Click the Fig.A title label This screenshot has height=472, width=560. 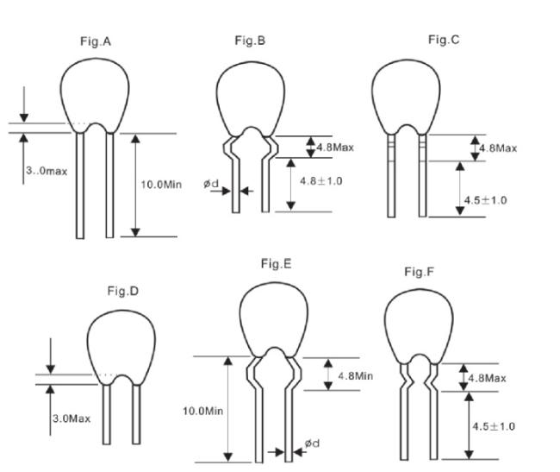(x=96, y=41)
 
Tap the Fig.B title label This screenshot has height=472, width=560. (x=250, y=41)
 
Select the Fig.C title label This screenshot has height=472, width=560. (x=444, y=40)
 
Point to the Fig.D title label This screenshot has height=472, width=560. (x=123, y=291)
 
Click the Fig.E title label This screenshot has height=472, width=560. (x=276, y=264)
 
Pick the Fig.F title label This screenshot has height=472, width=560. (x=419, y=272)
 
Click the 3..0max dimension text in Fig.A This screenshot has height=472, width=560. (x=47, y=171)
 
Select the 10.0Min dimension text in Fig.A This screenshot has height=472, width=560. (x=161, y=185)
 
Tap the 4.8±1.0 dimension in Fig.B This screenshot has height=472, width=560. (x=321, y=181)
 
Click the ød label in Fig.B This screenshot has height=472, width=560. (x=211, y=184)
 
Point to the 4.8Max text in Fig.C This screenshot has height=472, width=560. (x=498, y=148)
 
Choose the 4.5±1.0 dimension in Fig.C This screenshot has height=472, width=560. (x=485, y=200)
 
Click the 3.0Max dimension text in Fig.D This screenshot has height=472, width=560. (x=72, y=419)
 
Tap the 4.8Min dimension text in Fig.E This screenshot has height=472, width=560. (x=355, y=376)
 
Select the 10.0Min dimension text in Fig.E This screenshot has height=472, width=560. (x=202, y=411)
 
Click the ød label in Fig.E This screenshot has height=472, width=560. (x=312, y=444)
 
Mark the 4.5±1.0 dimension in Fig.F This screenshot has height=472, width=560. (x=494, y=426)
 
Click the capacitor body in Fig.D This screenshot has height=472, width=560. (x=121, y=343)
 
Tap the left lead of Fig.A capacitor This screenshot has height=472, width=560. (x=80, y=186)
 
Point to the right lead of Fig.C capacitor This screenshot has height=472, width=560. (x=422, y=175)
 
